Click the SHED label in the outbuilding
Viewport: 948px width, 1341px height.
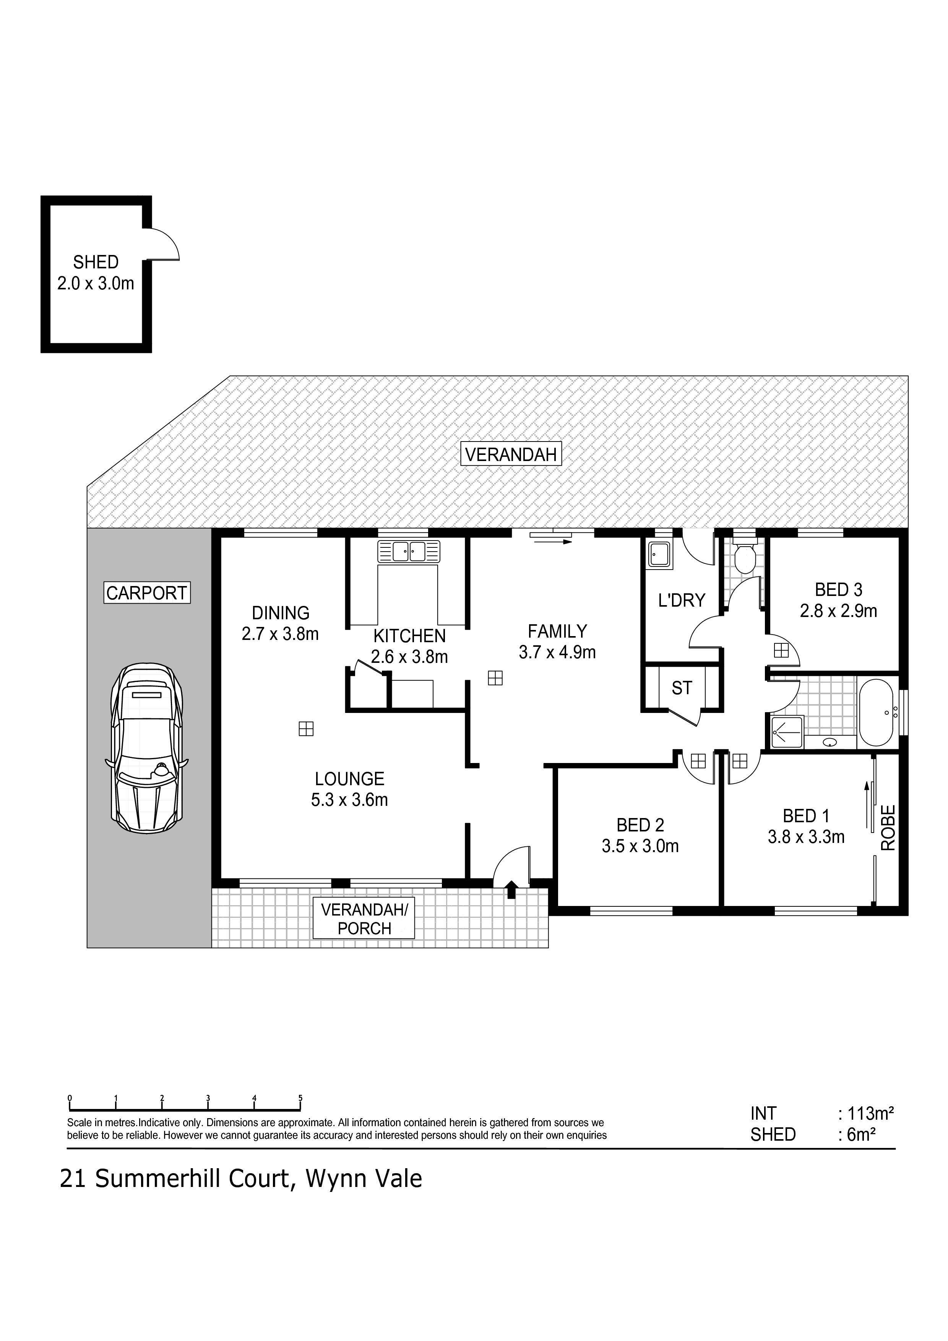point(96,262)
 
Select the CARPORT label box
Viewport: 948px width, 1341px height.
point(147,593)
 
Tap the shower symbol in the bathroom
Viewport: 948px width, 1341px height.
point(787,731)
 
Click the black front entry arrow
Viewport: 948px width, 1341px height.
point(512,889)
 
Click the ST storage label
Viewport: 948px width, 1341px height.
point(682,688)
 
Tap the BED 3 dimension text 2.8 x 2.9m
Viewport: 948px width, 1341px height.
point(838,611)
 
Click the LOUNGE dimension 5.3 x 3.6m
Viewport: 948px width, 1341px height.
point(349,800)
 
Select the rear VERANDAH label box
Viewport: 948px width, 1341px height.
point(511,454)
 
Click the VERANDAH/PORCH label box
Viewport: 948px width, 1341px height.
point(364,919)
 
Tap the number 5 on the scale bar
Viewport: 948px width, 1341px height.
point(300,1097)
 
